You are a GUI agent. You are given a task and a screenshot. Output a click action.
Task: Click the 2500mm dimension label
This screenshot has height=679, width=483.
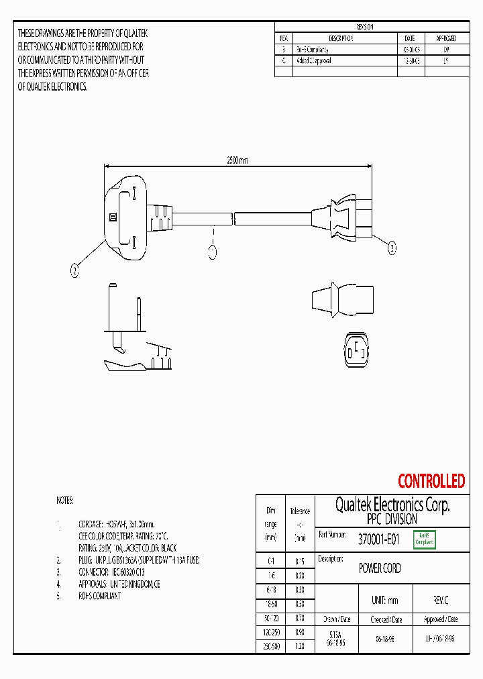tap(237, 160)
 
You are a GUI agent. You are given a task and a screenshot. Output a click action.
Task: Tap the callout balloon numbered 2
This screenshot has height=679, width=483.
tap(75, 270)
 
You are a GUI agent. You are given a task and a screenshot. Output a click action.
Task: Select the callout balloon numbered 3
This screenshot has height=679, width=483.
tap(392, 248)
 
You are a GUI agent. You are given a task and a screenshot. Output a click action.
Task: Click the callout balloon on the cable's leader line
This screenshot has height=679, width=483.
tap(213, 252)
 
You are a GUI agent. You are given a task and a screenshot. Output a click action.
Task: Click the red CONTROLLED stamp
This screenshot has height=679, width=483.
tap(431, 481)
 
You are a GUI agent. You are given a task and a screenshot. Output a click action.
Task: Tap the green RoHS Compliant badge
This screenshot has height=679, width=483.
tap(424, 539)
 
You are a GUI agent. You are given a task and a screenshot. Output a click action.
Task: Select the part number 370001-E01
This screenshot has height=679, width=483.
tap(378, 539)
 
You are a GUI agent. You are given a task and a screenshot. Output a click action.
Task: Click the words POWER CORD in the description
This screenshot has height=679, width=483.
tap(380, 568)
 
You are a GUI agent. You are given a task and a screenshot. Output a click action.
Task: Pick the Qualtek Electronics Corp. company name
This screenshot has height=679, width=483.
tap(392, 505)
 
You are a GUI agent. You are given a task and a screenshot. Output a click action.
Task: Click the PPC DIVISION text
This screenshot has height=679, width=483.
tap(392, 519)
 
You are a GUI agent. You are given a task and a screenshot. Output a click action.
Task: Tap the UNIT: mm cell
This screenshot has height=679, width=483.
tap(384, 600)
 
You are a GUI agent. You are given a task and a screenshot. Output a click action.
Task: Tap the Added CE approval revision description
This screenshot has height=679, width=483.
tap(314, 60)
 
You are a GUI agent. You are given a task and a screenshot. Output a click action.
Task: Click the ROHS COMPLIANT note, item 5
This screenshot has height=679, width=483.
tap(100, 596)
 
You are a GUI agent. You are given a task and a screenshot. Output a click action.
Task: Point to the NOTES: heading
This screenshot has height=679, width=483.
tap(65, 501)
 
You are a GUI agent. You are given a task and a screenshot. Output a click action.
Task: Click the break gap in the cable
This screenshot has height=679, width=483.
tap(232, 218)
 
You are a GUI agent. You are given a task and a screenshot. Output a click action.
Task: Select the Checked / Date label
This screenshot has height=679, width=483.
tap(384, 619)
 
